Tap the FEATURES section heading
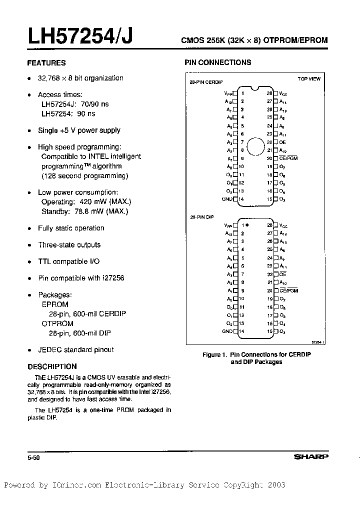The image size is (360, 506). click(46, 63)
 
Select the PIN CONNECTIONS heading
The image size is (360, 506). click(218, 62)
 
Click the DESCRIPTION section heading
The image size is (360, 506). click(52, 366)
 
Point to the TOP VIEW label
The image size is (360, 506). click(309, 79)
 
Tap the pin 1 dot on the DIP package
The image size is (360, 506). click(247, 225)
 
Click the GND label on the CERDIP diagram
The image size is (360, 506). click(227, 199)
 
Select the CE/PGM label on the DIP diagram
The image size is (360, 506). click(288, 290)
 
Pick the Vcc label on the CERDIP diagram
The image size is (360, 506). click(283, 93)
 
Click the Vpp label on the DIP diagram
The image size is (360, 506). click(228, 225)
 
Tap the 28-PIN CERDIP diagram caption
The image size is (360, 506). click(206, 82)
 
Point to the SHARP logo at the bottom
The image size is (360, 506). click(310, 456)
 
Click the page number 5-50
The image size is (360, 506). click(33, 457)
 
